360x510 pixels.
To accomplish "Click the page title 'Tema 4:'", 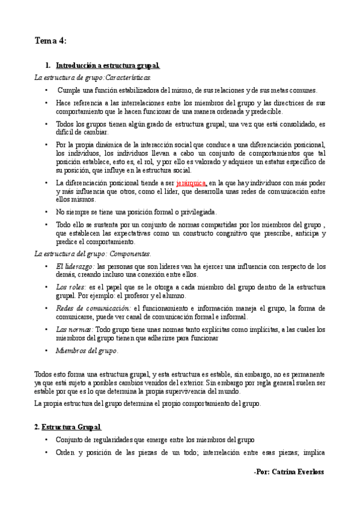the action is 50,41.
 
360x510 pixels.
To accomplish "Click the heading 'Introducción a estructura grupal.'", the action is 108,65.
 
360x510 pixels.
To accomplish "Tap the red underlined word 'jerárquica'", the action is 191,182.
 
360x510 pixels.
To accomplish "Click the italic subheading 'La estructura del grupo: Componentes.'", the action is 93,253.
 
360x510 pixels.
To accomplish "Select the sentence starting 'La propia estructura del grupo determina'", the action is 148,404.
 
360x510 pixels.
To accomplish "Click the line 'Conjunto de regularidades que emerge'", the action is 156,440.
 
